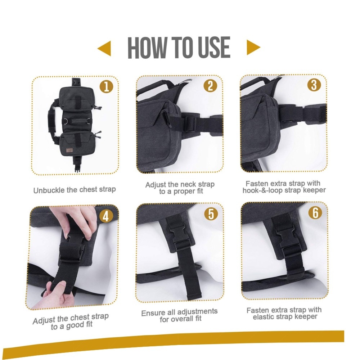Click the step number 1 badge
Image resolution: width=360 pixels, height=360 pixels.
point(106,87)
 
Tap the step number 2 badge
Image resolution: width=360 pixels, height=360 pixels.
point(210,86)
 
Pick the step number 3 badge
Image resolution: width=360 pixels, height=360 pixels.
point(314,85)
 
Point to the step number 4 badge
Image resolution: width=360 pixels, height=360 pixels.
point(105,216)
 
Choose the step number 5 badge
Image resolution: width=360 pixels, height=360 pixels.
point(211,214)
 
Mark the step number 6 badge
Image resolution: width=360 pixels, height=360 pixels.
point(315,213)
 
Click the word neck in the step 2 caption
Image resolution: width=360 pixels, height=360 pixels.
point(188,184)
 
